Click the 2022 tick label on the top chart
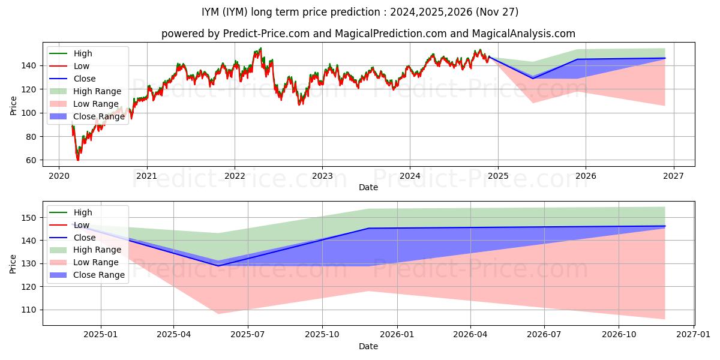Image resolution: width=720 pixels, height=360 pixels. [x=235, y=176]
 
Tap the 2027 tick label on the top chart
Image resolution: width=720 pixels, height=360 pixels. [x=673, y=176]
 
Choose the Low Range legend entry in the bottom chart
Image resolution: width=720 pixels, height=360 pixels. [x=95, y=262]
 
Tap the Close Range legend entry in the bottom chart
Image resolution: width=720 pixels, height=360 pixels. [x=99, y=275]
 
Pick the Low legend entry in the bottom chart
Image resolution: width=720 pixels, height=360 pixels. [x=83, y=225]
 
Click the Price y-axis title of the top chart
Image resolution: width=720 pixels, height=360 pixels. [x=14, y=105]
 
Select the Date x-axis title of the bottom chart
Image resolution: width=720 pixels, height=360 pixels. [x=368, y=346]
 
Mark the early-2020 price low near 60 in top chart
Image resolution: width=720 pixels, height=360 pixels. [x=77, y=160]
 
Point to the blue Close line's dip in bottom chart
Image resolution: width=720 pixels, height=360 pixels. [x=218, y=266]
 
